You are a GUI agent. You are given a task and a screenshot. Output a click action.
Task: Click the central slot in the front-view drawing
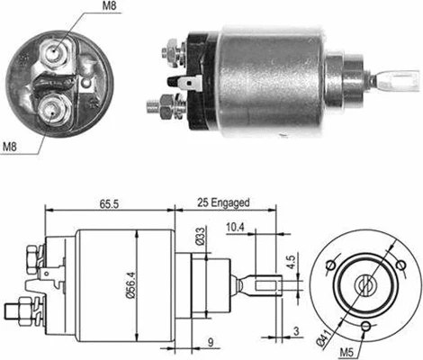pyautogui.click(x=366, y=285)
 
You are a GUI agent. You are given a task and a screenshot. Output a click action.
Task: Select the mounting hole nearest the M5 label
pyautogui.click(x=366, y=327)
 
